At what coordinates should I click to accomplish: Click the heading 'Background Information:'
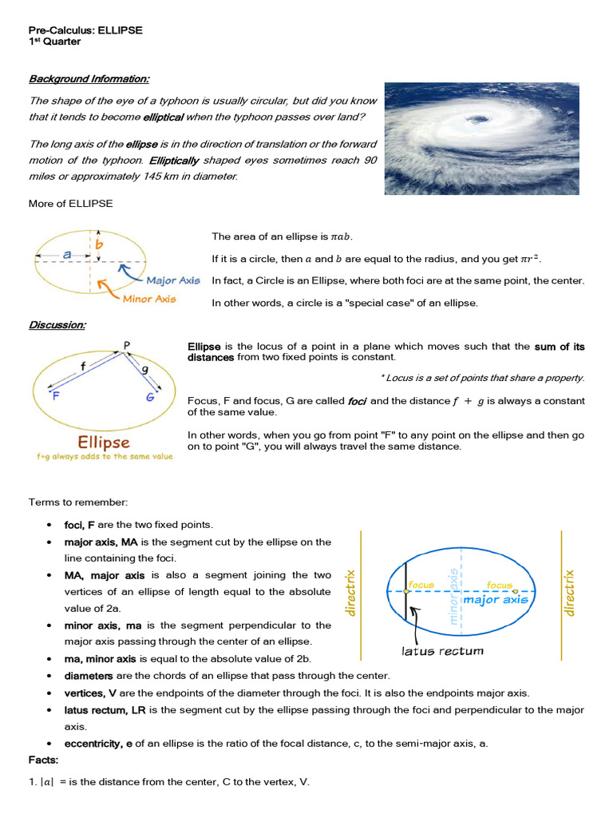coord(89,78)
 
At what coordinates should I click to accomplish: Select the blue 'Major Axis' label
coord(173,280)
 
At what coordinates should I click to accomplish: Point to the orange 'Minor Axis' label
coord(149,299)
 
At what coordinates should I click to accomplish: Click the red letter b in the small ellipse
coord(99,244)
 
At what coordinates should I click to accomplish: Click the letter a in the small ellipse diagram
coord(67,253)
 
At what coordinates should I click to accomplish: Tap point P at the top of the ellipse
coord(126,345)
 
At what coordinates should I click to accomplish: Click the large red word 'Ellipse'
coord(104,442)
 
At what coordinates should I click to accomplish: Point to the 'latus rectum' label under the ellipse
coord(442,650)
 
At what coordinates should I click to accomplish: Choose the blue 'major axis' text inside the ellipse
coord(496,599)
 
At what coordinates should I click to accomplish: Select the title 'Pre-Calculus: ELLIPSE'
coord(85,30)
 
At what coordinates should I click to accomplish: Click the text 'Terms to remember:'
coord(78,502)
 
